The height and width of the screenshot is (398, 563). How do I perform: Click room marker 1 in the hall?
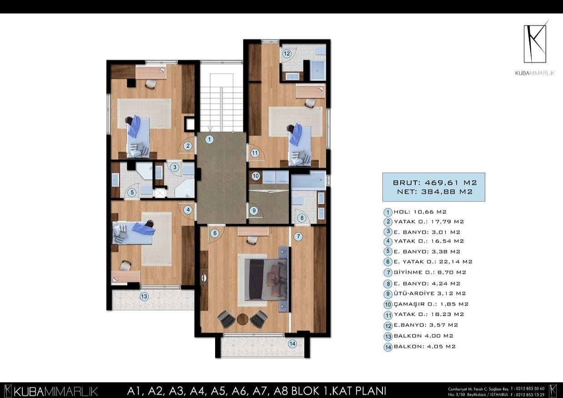pos(209,139)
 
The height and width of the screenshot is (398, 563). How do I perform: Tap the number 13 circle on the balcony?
pos(144,297)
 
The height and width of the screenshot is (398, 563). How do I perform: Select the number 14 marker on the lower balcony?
pos(292,344)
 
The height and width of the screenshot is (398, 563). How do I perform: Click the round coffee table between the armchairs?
pos(242,319)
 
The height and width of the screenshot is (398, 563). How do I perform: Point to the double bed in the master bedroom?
pos(266,280)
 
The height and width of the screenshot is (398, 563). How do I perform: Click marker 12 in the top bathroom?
pos(287,54)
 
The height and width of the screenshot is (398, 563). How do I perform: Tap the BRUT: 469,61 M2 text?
pos(435,182)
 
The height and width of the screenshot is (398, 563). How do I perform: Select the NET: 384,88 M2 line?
pos(435,192)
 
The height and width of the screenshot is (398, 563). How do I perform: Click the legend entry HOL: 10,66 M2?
pos(420,212)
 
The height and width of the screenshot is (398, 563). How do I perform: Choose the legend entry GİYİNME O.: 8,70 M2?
pos(430,272)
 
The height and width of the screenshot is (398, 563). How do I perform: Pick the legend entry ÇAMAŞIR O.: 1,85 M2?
pos(431,304)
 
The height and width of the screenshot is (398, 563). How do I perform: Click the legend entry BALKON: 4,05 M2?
pos(424,347)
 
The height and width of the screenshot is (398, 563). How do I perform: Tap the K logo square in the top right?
pos(535,44)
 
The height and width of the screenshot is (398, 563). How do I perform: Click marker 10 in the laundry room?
pos(256,176)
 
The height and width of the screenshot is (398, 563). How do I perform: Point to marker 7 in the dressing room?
pos(298,237)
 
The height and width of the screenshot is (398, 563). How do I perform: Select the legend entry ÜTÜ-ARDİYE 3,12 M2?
pos(430,293)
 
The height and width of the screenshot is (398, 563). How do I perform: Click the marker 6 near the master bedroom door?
pos(215,233)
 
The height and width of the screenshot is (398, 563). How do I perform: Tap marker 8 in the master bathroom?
pos(302,218)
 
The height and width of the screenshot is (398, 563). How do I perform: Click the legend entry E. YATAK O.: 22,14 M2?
pos(433,262)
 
